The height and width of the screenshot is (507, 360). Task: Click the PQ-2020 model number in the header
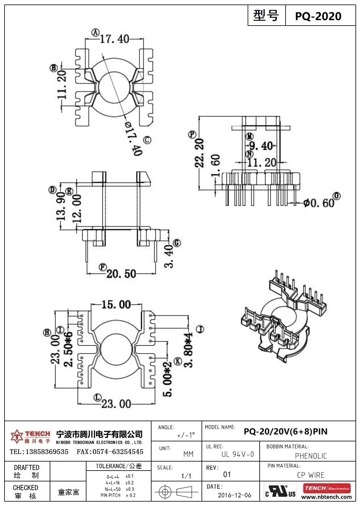318,16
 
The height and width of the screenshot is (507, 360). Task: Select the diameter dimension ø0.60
319,203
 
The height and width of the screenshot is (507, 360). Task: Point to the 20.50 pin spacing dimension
121,274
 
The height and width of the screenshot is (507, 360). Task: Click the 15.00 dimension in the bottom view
116,304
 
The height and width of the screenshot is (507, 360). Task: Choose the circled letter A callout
95,33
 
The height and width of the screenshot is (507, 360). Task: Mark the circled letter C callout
147,140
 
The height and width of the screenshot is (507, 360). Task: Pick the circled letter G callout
177,243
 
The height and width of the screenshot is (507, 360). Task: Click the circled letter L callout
98,397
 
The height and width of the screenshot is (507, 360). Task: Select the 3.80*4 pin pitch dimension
188,350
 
